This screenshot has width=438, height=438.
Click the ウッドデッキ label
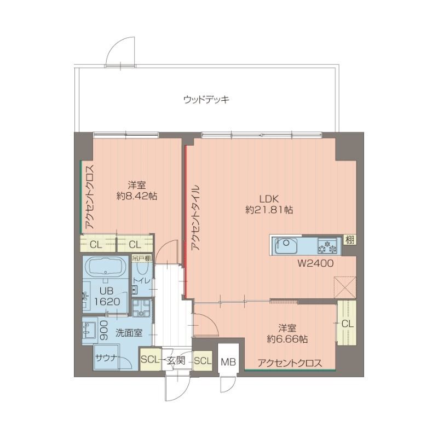pyautogui.click(x=206, y=100)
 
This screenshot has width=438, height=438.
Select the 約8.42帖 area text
pyautogui.click(x=137, y=196)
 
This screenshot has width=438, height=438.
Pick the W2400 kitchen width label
pyautogui.click(x=316, y=263)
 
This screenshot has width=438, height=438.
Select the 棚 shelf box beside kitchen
pyautogui.click(x=349, y=239)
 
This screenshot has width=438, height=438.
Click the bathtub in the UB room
pyautogui.click(x=106, y=267)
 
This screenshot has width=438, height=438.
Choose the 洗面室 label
pyautogui.click(x=129, y=332)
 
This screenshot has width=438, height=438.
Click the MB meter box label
pyautogui.click(x=228, y=362)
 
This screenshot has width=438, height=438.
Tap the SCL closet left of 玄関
pyautogui.click(x=149, y=360)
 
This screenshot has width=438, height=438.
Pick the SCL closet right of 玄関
pyautogui.click(x=202, y=361)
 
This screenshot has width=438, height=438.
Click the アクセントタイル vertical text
pyautogui.click(x=195, y=217)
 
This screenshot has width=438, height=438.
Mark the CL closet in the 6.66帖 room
pyautogui.click(x=347, y=324)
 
